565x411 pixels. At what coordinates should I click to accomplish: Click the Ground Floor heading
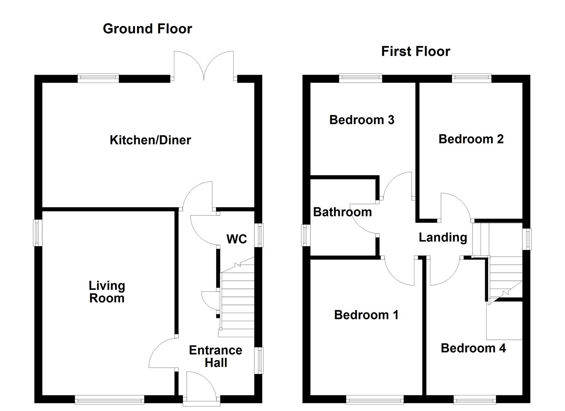[x=147, y=29]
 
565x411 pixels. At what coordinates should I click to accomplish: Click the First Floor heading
[x=415, y=51]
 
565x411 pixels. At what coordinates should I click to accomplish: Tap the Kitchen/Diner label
[x=150, y=140]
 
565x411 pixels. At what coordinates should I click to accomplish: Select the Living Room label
[x=107, y=292]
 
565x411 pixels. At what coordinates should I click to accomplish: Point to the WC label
[x=237, y=239]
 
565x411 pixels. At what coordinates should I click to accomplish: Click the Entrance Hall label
[x=216, y=356]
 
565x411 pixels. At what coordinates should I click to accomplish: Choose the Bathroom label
[x=342, y=212]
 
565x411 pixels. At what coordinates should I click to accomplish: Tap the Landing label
[x=443, y=237]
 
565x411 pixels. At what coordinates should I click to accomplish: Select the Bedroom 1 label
[x=366, y=315]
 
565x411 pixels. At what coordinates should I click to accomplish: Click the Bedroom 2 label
[x=471, y=139]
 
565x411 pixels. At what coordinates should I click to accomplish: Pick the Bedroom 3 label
[x=362, y=120]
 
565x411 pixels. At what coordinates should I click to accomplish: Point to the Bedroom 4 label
[x=473, y=348]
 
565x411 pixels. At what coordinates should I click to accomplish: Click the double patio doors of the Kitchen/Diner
[x=204, y=67]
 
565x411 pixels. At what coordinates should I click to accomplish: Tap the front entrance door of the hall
[x=201, y=386]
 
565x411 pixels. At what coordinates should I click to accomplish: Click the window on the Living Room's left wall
[x=38, y=233]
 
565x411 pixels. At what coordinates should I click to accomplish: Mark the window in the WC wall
[x=259, y=235]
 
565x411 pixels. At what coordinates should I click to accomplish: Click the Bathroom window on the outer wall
[x=306, y=235]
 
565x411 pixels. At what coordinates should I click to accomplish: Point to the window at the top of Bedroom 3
[x=360, y=78]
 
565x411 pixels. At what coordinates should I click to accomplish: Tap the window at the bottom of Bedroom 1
[x=375, y=399]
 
